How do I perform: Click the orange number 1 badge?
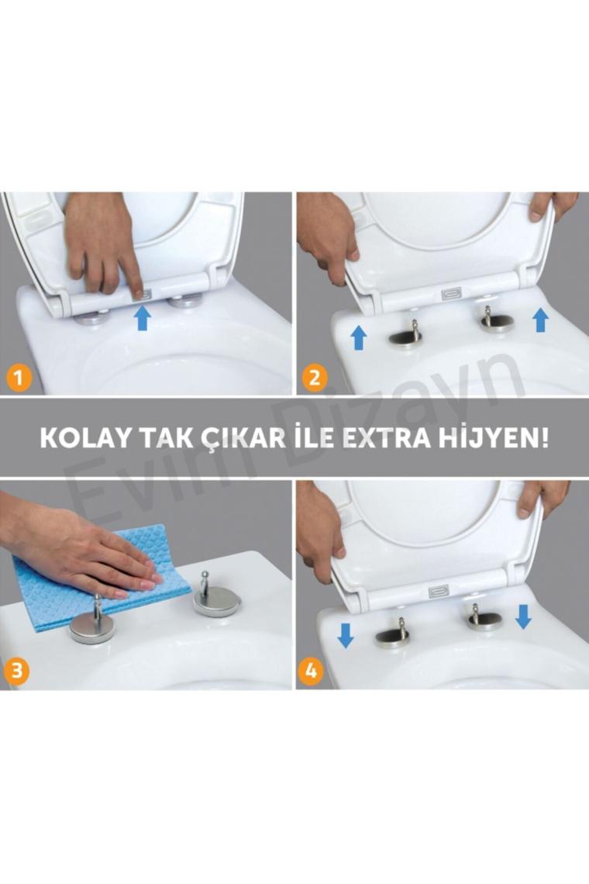[19, 377]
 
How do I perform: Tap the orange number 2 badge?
[315, 377]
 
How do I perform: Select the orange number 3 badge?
[16, 671]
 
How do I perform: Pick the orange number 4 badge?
[311, 671]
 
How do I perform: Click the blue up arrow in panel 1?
[143, 317]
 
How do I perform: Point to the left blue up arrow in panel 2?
[359, 337]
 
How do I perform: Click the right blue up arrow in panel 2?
[540, 319]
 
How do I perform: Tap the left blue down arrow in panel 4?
[345, 635]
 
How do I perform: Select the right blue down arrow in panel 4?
[523, 616]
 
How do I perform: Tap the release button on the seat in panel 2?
[452, 294]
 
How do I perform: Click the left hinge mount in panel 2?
[405, 336]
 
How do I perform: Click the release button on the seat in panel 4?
[439, 592]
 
